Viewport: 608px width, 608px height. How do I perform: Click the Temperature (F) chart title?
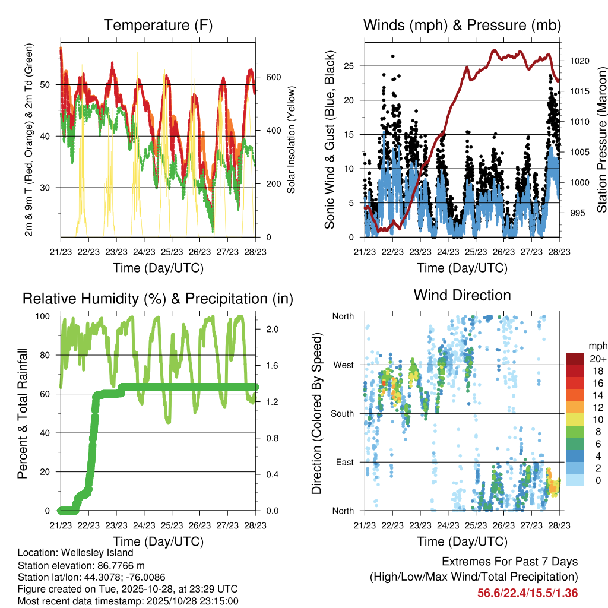pos(158,26)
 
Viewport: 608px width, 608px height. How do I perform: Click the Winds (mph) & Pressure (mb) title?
pos(462,26)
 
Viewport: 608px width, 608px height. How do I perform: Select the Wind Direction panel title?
pos(462,295)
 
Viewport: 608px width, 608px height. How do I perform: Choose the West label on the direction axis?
pos(344,365)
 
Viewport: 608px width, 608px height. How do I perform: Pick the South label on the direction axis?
pos(343,413)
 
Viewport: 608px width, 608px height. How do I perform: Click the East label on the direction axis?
pos(345,462)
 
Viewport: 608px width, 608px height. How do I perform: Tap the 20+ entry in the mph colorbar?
pos(597,359)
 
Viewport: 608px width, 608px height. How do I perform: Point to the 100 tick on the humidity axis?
pos(47,316)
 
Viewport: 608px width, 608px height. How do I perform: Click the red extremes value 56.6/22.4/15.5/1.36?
pos(527,593)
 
